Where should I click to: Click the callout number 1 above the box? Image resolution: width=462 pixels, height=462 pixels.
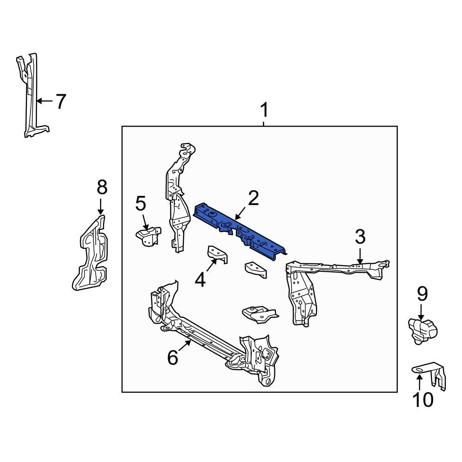264,111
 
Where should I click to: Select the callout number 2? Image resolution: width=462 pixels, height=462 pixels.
253,198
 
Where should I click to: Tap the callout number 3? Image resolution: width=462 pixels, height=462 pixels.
360,237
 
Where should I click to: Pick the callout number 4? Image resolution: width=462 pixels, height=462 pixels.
200,280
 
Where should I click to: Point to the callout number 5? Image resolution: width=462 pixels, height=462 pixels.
140,203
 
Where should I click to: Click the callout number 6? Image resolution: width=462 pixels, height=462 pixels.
172,357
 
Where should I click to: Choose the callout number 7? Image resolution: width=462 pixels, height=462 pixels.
61,101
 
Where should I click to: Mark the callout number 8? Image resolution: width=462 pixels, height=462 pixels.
102,188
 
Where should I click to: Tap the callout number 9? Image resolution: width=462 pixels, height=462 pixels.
422,294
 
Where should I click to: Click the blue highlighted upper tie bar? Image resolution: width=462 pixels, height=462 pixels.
240,231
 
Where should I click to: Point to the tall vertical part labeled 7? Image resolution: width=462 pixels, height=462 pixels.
31,97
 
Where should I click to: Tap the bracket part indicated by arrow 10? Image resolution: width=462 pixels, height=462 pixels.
432,374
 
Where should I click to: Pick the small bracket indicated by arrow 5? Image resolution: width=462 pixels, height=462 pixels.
148,236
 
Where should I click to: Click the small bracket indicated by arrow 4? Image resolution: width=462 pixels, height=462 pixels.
218,255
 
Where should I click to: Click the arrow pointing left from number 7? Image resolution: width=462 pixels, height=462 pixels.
45,101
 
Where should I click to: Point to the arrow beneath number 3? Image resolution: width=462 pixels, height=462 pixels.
360,256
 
